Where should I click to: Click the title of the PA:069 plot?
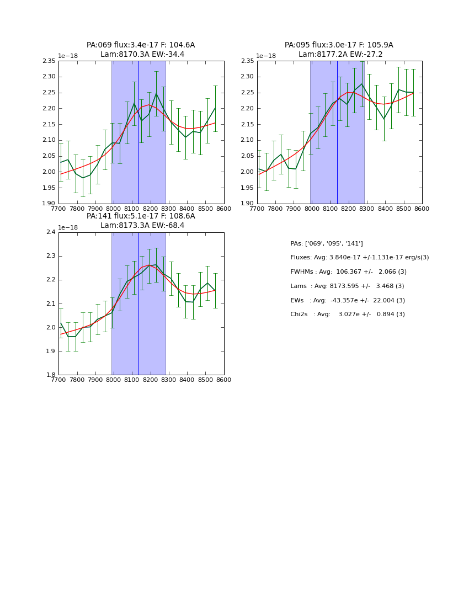(x=141, y=50)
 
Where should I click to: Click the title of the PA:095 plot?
(x=339, y=50)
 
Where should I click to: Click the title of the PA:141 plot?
(x=141, y=221)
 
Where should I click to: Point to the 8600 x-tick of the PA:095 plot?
(x=422, y=209)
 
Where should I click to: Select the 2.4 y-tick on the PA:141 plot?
(x=51, y=232)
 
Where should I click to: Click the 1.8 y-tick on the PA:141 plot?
(x=51, y=375)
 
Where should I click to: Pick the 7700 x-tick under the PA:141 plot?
(x=58, y=380)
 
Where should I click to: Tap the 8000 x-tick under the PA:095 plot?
(x=312, y=209)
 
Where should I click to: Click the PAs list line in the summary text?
(x=327, y=244)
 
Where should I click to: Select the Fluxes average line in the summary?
(x=359, y=258)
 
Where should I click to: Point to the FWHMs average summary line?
(x=348, y=272)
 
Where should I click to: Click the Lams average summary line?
(x=347, y=286)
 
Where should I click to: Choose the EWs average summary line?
(x=348, y=300)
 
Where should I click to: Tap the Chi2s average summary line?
(x=348, y=315)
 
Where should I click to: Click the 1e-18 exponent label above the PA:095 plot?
(x=266, y=56)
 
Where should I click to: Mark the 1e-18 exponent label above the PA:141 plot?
(x=68, y=227)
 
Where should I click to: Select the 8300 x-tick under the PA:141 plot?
(x=168, y=380)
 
